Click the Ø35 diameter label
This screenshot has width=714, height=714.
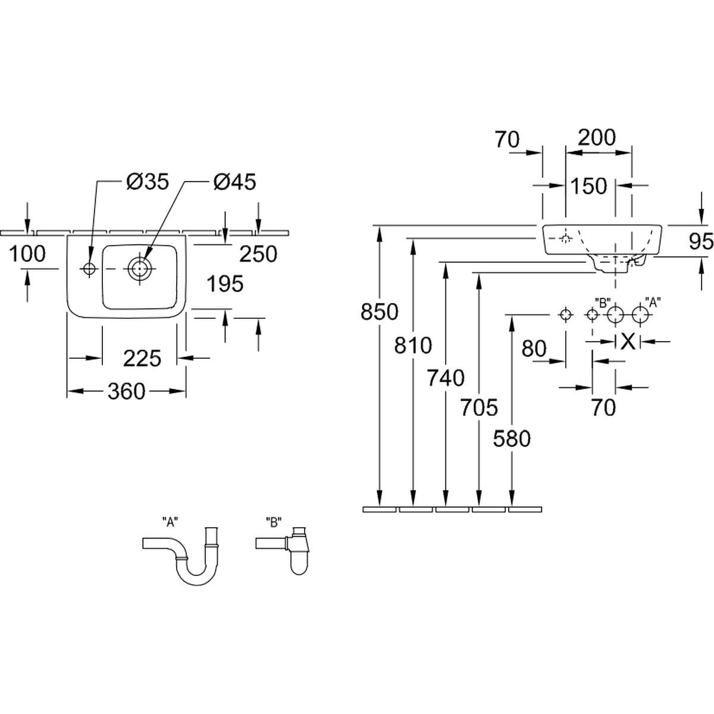tap(148, 181)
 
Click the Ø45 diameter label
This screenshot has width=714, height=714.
tap(234, 181)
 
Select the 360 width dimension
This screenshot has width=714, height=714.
tap(127, 391)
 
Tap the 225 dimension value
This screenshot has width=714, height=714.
tap(143, 358)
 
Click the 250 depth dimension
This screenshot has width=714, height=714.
tap(258, 254)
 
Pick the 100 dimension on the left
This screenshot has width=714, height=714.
tap(27, 254)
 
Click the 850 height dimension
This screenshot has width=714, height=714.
tap(379, 311)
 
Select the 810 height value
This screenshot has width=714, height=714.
tap(413, 345)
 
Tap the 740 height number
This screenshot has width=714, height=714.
tap(446, 377)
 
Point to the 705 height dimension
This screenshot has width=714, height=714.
tap(479, 408)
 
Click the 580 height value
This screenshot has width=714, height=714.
tap(512, 439)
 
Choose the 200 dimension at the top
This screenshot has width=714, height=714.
tap(597, 137)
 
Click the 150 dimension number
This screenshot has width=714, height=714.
tap(588, 186)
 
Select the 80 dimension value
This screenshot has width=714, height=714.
tap(534, 349)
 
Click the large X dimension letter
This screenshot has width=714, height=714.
tap(628, 342)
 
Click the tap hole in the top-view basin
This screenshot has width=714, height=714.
tap(89, 269)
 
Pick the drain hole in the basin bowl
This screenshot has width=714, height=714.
tap(140, 268)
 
